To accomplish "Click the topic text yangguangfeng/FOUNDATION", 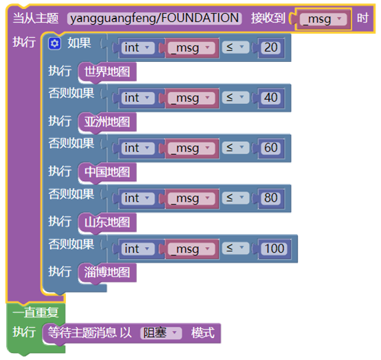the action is pos(155,19).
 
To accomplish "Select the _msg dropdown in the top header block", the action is pos(323,19).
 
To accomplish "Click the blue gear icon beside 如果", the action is pos(54,43).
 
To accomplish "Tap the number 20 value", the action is pos(271,47).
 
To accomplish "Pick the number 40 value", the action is pos(271,98).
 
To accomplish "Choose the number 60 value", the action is pos(271,148).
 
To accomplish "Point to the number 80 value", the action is pos(271,198).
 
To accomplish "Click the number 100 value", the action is pos(274,248).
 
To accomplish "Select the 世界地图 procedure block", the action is pos(107,72).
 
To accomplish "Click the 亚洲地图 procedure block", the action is pos(107,122).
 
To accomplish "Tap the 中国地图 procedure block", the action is pos(107,172).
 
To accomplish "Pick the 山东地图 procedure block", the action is pos(107,222).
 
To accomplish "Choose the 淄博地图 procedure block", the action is pos(107,273).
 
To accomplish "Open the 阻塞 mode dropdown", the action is pos(161,333).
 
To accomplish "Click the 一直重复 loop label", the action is pos(36,313).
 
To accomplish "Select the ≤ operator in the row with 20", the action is pos(235,47).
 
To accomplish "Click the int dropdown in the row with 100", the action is pos(138,248).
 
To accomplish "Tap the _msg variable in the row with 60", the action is pos(191,148).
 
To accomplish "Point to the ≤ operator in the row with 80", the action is pos(235,198).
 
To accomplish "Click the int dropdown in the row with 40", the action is pos(138,98).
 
